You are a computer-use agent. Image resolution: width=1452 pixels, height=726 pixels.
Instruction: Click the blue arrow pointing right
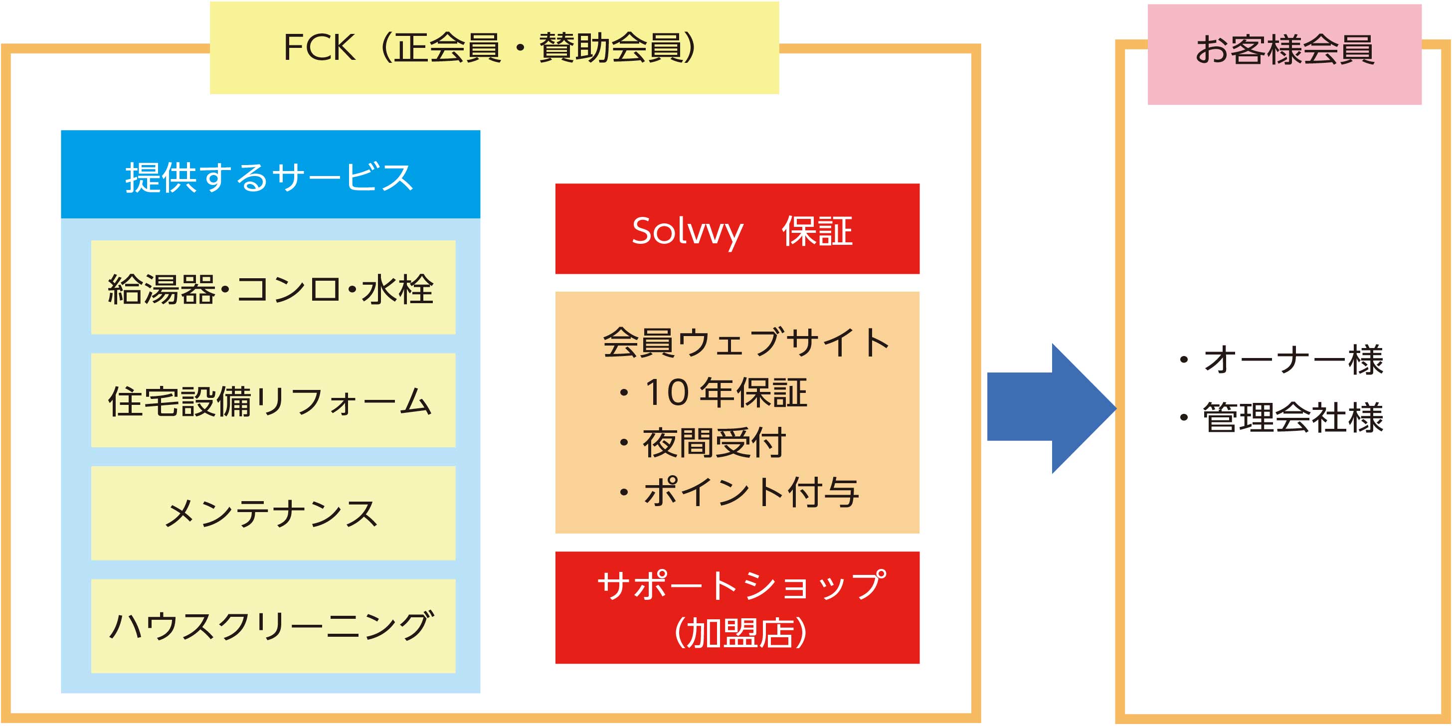click(1051, 408)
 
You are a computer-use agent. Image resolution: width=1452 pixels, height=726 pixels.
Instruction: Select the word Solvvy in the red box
click(687, 232)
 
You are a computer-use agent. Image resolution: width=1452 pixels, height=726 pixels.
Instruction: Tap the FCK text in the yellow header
click(319, 47)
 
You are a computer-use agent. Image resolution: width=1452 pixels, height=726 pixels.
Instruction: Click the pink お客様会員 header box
click(1284, 54)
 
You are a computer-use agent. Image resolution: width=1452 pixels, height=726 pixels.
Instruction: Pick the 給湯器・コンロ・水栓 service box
click(273, 288)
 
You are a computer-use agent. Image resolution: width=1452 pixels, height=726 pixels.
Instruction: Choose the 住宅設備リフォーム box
click(273, 400)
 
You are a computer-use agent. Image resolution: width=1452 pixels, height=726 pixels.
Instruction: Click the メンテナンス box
click(273, 513)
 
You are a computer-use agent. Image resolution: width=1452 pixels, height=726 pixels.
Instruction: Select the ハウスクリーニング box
click(273, 626)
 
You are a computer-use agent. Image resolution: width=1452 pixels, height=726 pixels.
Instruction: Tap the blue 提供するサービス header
click(271, 174)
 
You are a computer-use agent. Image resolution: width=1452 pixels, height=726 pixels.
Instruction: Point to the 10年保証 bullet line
click(713, 393)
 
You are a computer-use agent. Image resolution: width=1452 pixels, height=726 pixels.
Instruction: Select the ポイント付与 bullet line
click(738, 492)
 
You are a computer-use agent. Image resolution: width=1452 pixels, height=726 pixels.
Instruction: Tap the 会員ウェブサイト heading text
click(746, 342)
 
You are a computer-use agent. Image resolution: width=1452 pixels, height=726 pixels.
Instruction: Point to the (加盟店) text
click(740, 632)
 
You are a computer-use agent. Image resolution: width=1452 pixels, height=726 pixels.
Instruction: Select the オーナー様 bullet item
click(1281, 360)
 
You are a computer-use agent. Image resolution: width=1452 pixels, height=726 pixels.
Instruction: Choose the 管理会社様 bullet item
click(1281, 418)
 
